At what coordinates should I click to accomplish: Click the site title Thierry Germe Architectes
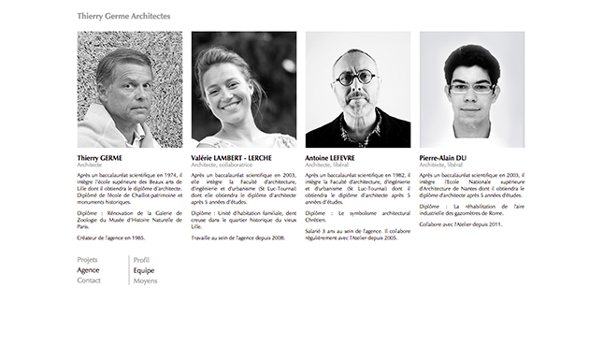coord(123,17)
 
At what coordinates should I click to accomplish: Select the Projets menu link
coord(87,259)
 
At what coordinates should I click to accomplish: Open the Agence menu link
coord(88,270)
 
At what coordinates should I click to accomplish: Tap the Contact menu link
coord(89,281)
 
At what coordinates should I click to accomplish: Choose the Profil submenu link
coord(141,259)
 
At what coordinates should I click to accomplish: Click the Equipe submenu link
coord(144,270)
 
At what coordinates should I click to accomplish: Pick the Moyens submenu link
coord(145,281)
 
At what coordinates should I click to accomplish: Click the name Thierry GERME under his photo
coord(100,158)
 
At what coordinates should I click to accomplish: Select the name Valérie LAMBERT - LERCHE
coord(231,158)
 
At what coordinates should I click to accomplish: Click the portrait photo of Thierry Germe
coord(130,90)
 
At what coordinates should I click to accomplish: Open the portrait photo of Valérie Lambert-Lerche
coord(244,90)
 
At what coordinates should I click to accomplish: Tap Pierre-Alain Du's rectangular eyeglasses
coord(471,87)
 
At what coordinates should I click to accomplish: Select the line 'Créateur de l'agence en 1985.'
coord(110,238)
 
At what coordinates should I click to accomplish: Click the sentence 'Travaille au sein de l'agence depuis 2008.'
coord(237,238)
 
